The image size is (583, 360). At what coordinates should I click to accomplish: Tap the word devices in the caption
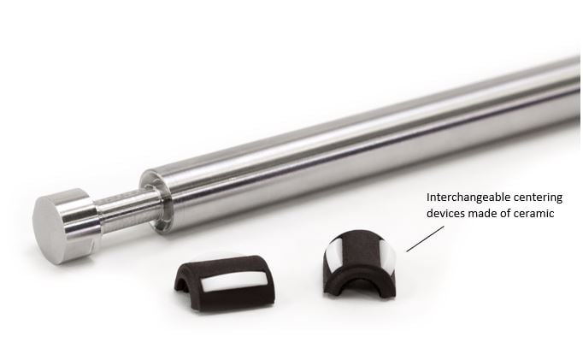tap(446, 214)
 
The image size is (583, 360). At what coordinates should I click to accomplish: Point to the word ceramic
tap(533, 214)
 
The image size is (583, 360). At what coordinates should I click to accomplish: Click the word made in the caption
tap(483, 214)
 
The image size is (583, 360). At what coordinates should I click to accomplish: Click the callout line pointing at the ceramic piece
tap(418, 239)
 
